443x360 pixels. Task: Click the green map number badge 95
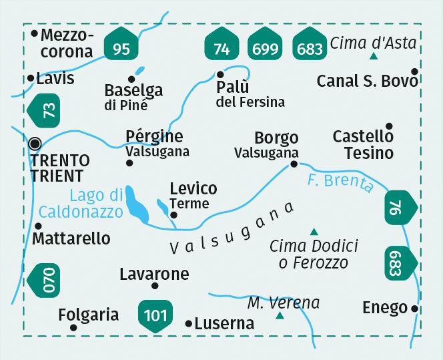tap(121, 47)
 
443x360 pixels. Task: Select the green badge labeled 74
tap(221, 47)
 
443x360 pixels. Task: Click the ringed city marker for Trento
tap(35, 143)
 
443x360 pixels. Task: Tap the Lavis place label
tap(55, 78)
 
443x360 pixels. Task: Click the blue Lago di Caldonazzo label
tap(97, 204)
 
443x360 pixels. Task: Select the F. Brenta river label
tap(340, 182)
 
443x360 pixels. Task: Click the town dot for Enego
tap(415, 309)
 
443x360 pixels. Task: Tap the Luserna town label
tap(224, 324)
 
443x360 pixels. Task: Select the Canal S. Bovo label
tap(367, 81)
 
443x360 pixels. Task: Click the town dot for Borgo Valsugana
tap(294, 164)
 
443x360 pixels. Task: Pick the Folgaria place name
tap(88, 315)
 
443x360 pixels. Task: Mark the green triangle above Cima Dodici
tap(314, 231)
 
